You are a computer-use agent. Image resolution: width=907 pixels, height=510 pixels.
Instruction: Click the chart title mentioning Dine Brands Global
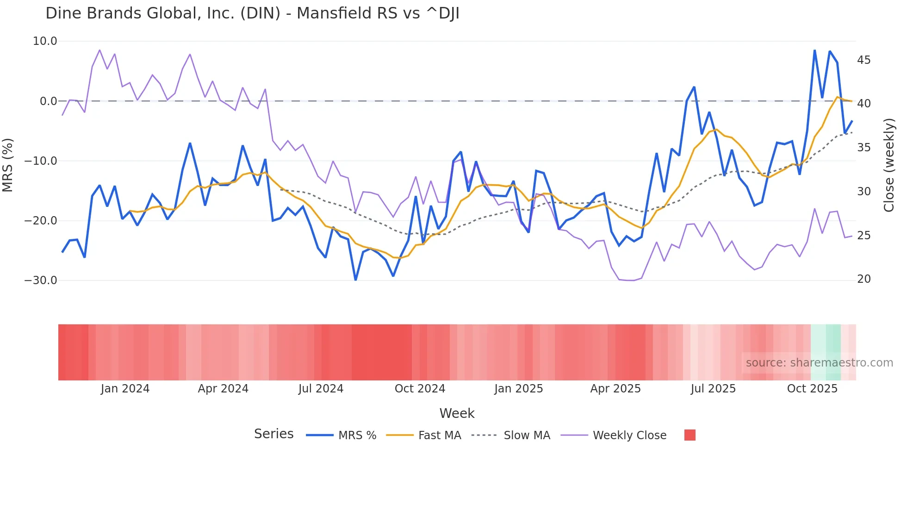pyautogui.click(x=252, y=13)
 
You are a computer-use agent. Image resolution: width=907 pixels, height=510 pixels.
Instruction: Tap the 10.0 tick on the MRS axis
pyautogui.click(x=45, y=41)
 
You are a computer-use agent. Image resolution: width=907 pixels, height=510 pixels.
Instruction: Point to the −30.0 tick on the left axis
pyautogui.click(x=41, y=280)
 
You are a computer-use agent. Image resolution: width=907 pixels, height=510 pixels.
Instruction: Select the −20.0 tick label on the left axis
pyautogui.click(x=41, y=221)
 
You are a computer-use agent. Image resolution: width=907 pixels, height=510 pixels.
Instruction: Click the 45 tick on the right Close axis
pyautogui.click(x=864, y=60)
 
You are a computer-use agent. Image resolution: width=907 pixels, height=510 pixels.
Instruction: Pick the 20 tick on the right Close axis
pyautogui.click(x=864, y=279)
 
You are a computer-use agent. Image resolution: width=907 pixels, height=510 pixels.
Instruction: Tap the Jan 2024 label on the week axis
pyautogui.click(x=125, y=389)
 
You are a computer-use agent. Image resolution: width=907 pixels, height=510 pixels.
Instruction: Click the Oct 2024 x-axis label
pyautogui.click(x=420, y=389)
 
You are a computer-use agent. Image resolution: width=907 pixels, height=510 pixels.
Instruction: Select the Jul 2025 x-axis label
pyautogui.click(x=713, y=389)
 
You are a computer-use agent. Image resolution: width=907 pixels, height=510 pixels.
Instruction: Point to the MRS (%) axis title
pyautogui.click(x=7, y=165)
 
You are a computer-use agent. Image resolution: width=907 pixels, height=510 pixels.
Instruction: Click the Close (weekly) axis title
pyautogui.click(x=889, y=165)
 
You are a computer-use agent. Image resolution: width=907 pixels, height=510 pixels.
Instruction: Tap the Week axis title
pyautogui.click(x=457, y=413)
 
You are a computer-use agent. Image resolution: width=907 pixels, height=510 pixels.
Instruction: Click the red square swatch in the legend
pyautogui.click(x=690, y=435)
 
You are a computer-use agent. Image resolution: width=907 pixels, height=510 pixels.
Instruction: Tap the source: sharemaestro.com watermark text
pyautogui.click(x=819, y=363)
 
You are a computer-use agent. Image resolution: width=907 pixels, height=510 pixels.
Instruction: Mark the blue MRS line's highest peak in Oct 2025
pyautogui.click(x=814, y=50)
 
